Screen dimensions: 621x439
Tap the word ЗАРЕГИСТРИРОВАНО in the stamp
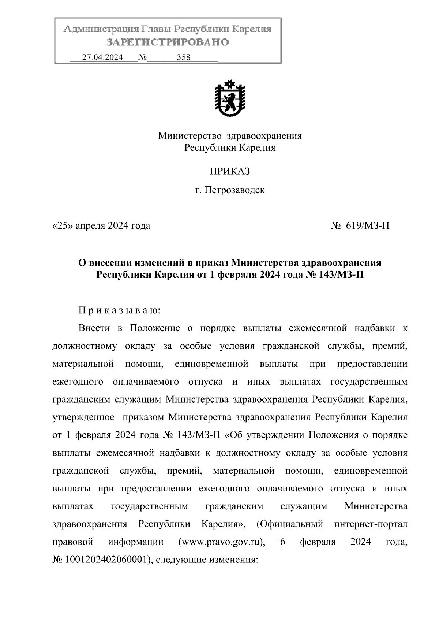point(168,42)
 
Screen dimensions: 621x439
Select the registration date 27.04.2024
point(102,57)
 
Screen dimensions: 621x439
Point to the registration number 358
point(184,57)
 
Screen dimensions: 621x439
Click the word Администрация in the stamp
point(97,29)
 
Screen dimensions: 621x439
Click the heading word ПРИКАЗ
point(230,171)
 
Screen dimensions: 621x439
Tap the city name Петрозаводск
point(234,190)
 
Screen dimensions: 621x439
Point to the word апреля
point(90,226)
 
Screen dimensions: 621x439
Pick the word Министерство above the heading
point(190,136)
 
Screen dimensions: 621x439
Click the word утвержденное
point(84,418)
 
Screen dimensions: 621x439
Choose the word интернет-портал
point(371,524)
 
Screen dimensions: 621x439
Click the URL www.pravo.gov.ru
point(221,542)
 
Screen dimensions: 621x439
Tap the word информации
point(135,542)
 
